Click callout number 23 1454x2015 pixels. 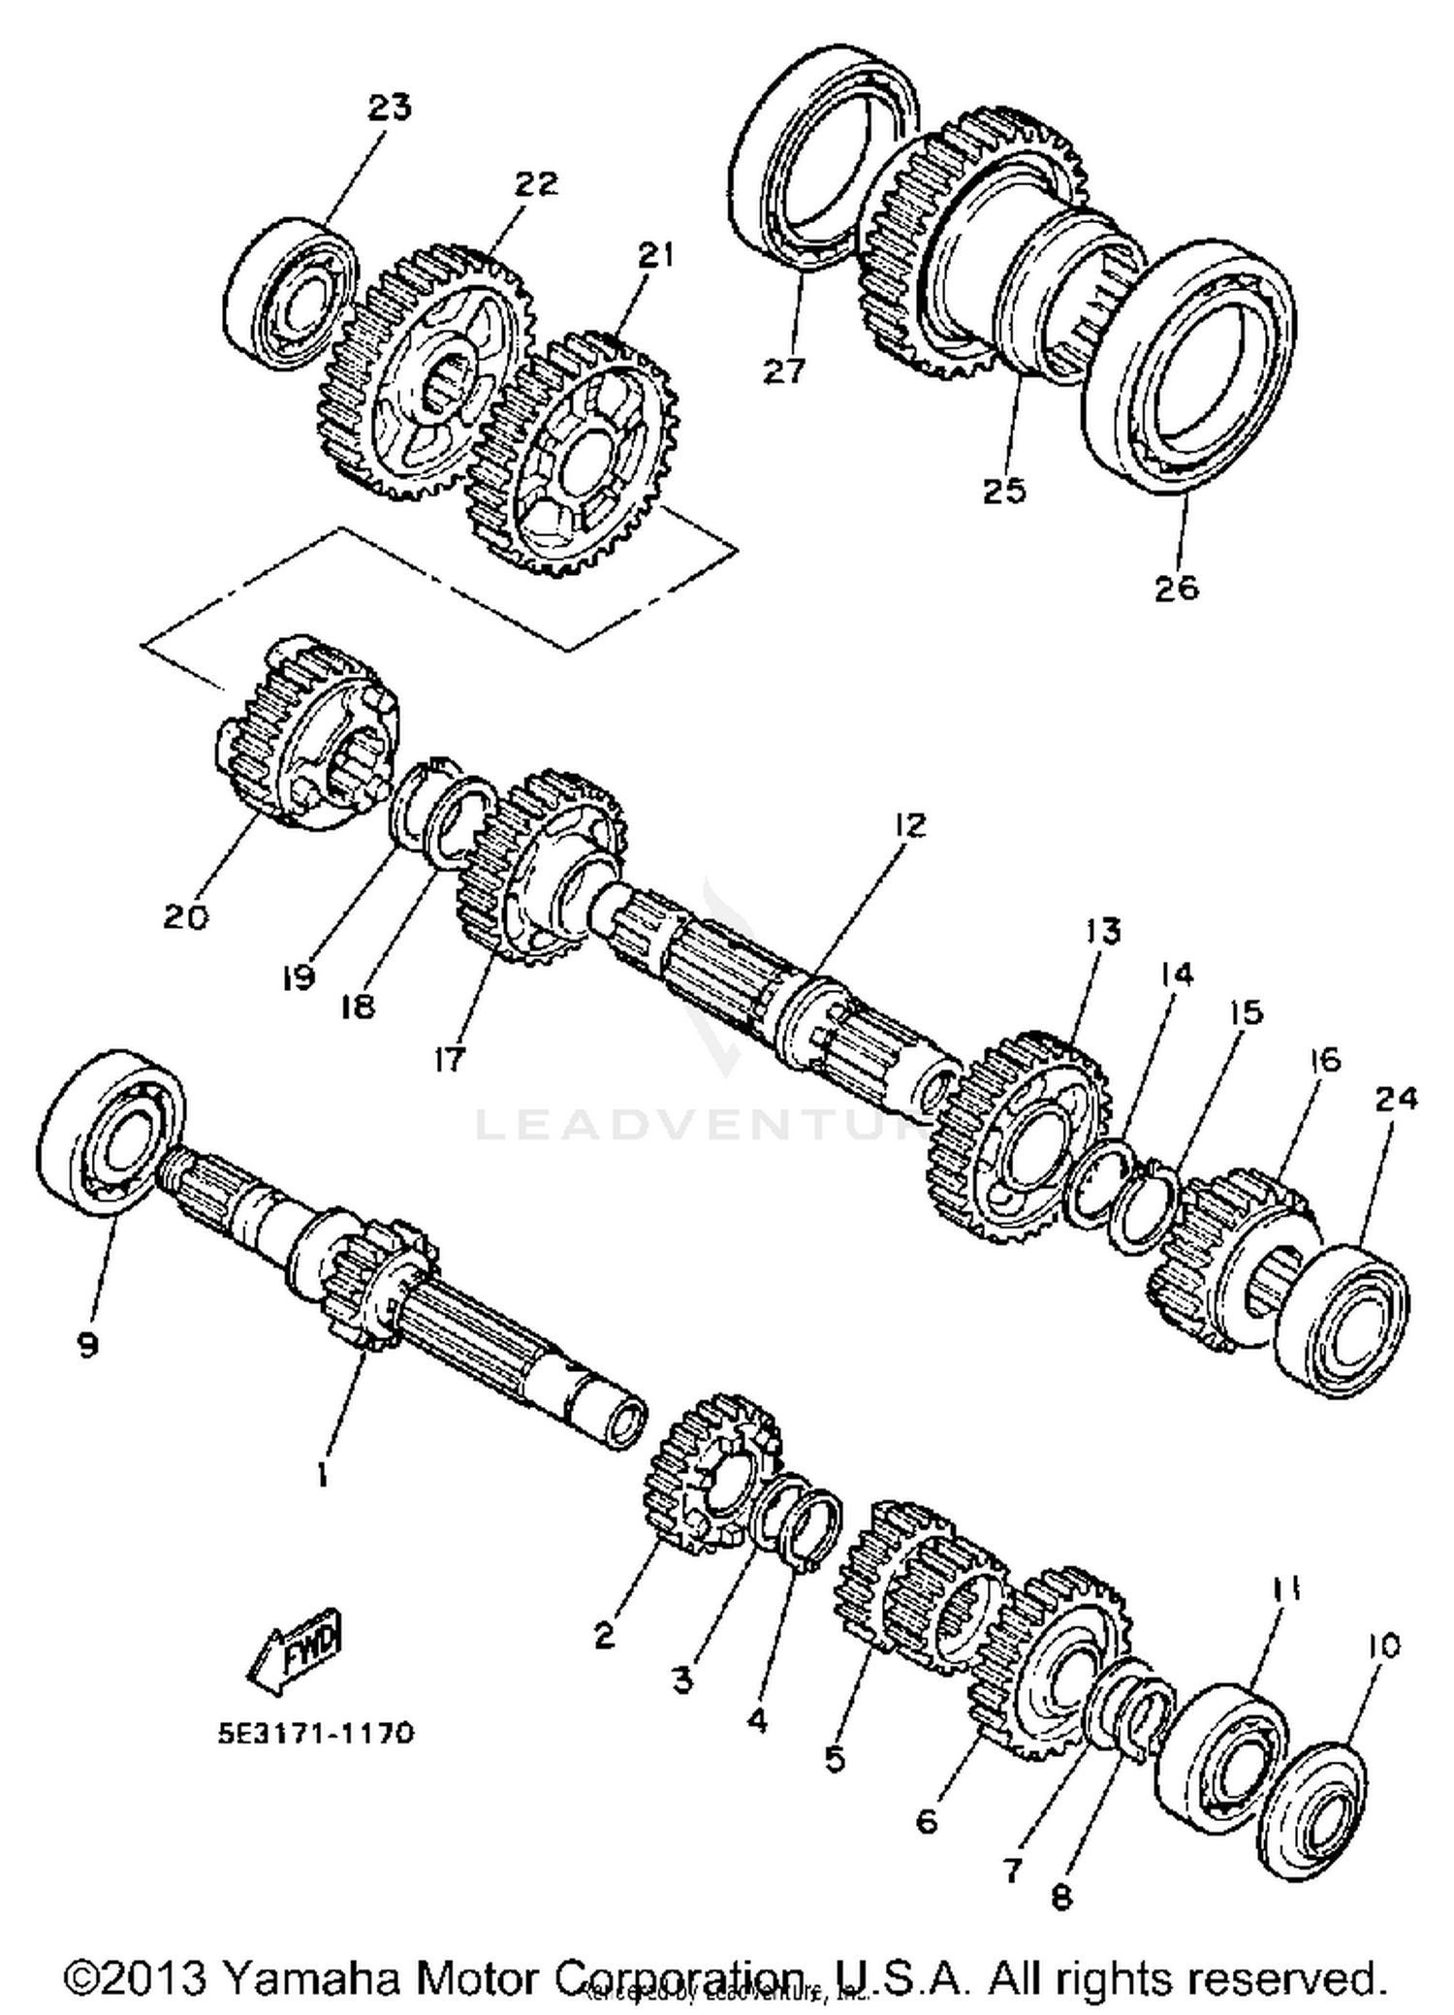[389, 107]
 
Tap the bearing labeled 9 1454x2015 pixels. [114, 1130]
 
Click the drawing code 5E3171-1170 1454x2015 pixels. [316, 1732]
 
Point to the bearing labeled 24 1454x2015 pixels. [1342, 1320]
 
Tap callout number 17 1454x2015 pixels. [450, 1059]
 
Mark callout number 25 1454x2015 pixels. [1003, 490]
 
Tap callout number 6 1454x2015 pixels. [927, 1821]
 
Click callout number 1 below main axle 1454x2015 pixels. [320, 1476]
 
